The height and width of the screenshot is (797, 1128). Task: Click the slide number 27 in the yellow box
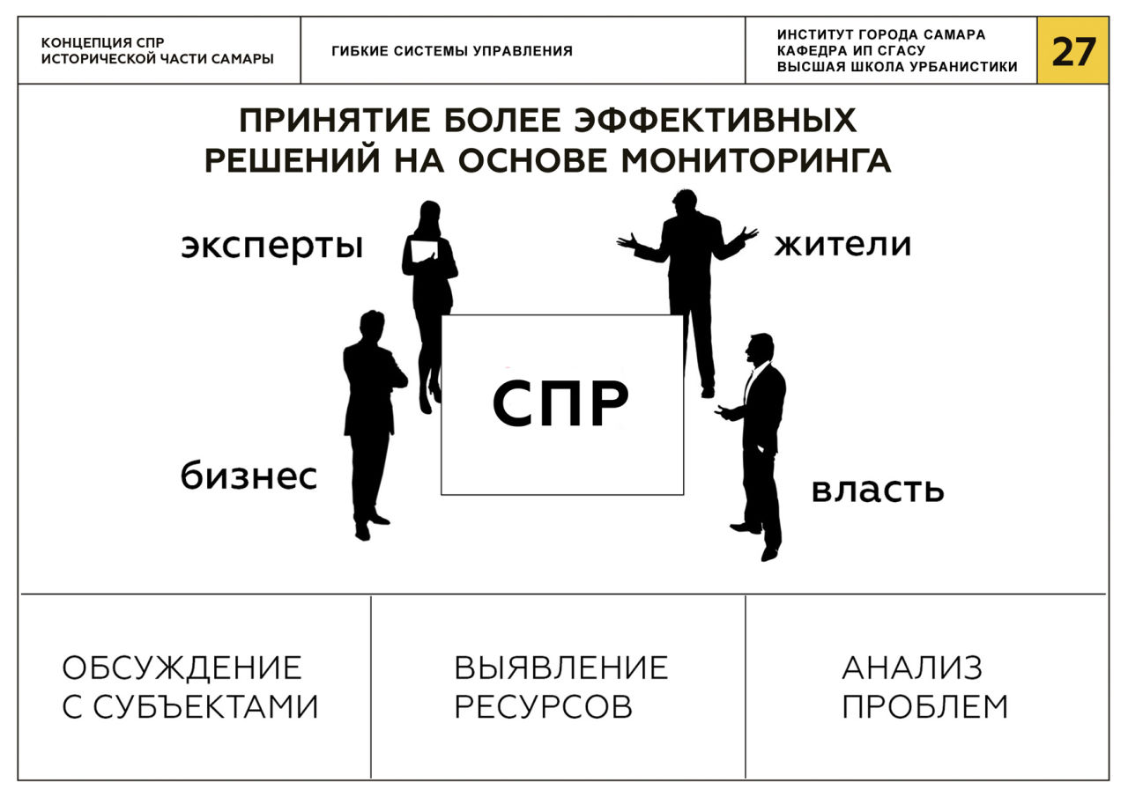[1072, 52]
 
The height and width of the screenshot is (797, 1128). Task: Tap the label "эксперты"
[272, 246]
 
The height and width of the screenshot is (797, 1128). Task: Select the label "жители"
[842, 244]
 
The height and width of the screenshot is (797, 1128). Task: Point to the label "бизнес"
[249, 476]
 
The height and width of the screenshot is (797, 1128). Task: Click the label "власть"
[877, 490]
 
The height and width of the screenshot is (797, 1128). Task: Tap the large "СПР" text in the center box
[561, 403]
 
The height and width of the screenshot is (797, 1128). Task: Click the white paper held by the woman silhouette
[424, 250]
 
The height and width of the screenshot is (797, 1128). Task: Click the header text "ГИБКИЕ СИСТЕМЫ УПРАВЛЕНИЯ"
[452, 51]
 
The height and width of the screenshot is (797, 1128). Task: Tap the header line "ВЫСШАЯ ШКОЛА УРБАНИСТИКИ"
[897, 67]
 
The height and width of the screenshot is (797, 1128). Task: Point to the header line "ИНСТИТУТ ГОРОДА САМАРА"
[881, 35]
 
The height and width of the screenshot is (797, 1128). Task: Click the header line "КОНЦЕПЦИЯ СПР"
[102, 43]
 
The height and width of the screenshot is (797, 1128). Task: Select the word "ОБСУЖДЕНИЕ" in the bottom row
[182, 668]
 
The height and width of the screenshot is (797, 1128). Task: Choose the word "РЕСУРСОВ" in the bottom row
[543, 706]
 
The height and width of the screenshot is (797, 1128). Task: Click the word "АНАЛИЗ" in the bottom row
[912, 668]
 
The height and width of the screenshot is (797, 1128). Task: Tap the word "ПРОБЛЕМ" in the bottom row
[924, 706]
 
